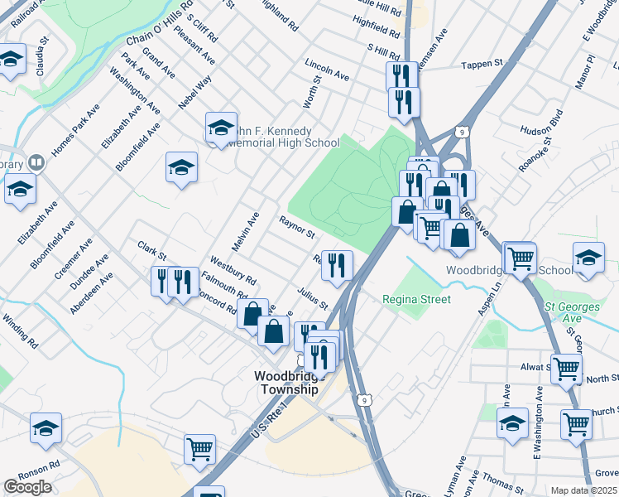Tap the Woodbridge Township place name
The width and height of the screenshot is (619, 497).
click(x=286, y=382)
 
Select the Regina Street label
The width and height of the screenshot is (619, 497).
click(x=417, y=299)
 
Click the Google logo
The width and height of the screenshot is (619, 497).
click(x=27, y=487)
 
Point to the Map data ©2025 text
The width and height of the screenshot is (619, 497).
click(x=583, y=490)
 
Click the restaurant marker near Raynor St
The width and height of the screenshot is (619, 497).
click(x=337, y=265)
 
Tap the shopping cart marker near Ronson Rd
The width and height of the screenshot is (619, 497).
click(x=200, y=449)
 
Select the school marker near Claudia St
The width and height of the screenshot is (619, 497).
click(x=12, y=60)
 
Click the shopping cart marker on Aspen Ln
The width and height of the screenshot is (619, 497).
click(x=520, y=258)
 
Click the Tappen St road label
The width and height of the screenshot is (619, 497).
click(x=482, y=64)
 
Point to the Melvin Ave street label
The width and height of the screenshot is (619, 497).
click(x=246, y=231)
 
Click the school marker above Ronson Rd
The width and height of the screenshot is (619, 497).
click(x=46, y=427)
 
